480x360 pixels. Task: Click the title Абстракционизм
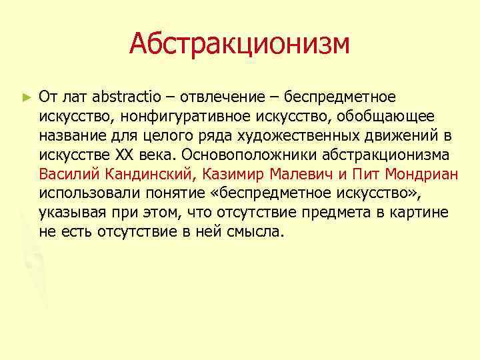[x=239, y=44]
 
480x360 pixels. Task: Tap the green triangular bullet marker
[x=26, y=97]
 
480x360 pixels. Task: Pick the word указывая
[x=70, y=213]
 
